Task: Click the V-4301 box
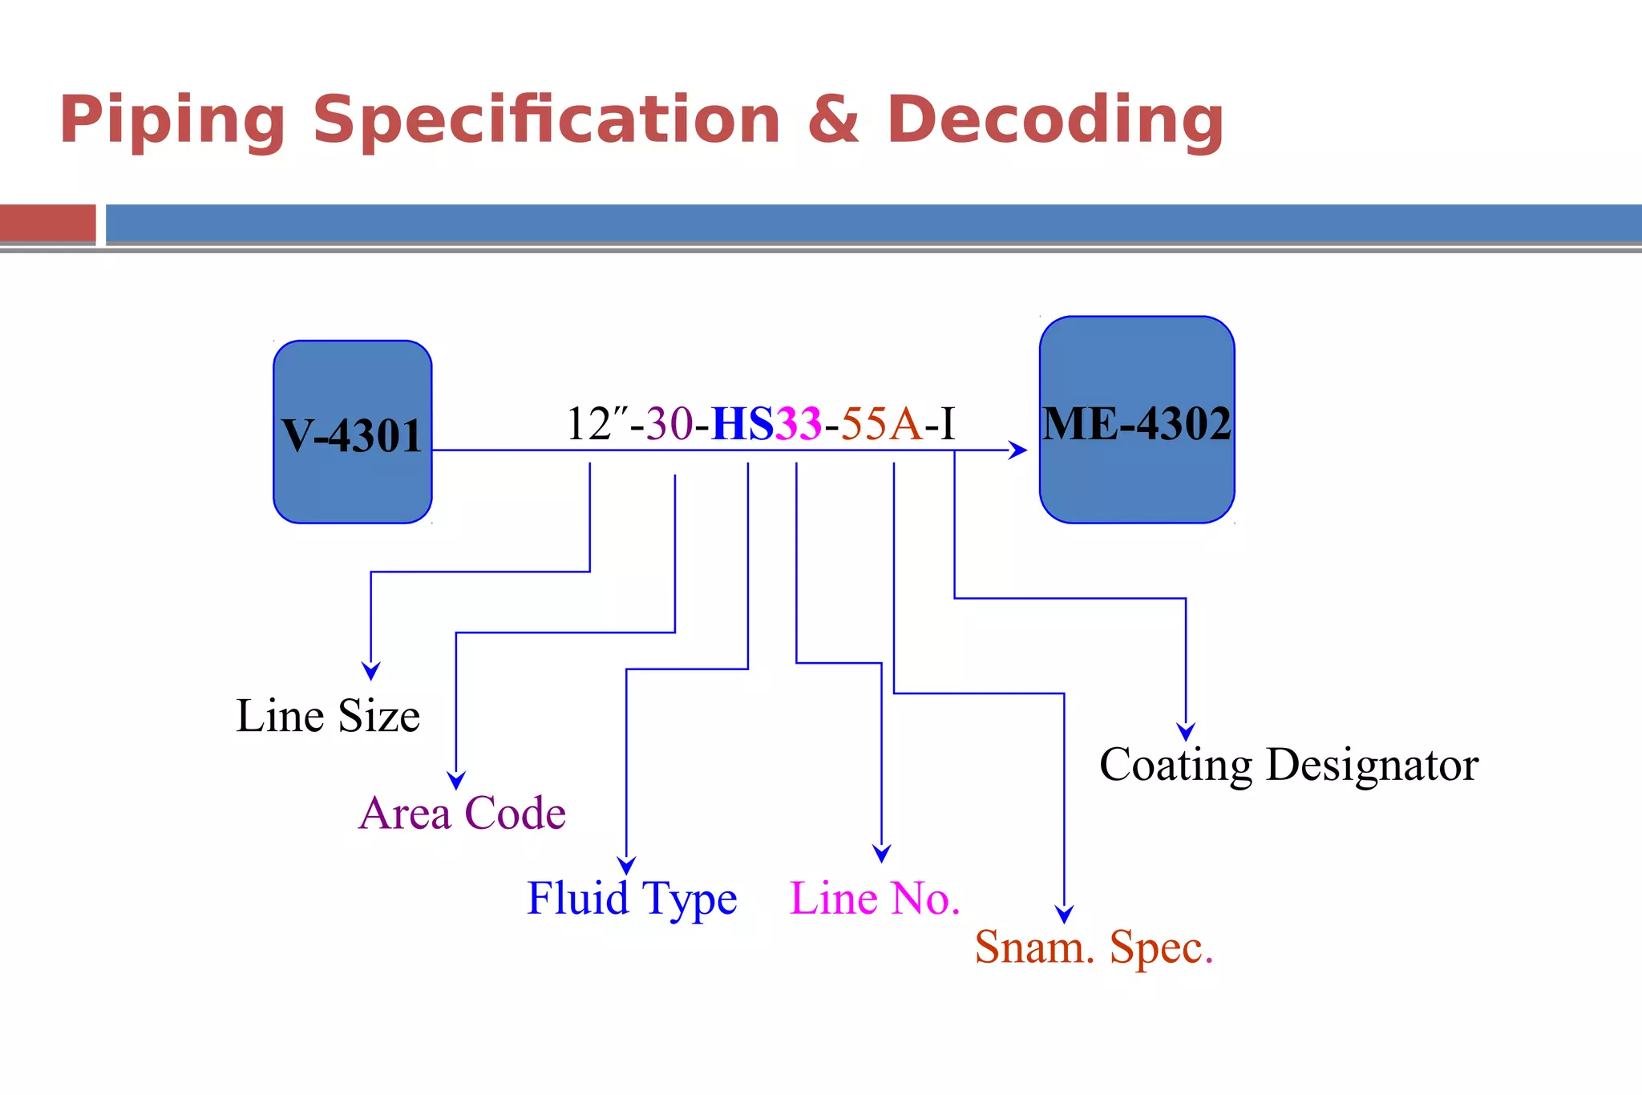click(x=353, y=432)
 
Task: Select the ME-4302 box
click(x=1137, y=420)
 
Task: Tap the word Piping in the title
click(x=172, y=120)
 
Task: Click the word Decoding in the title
click(x=1055, y=120)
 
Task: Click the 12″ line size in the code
click(x=597, y=423)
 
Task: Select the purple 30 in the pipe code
click(x=669, y=423)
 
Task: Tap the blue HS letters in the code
click(x=742, y=423)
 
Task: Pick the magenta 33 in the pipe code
click(x=799, y=423)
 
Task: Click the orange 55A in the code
click(x=881, y=423)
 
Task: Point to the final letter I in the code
click(x=948, y=423)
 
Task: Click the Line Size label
click(x=328, y=715)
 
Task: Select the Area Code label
click(x=463, y=813)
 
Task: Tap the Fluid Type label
click(x=632, y=899)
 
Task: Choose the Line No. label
click(x=875, y=898)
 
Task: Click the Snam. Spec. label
click(x=1094, y=948)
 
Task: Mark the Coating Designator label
click(x=1289, y=766)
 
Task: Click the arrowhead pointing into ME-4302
click(x=1018, y=451)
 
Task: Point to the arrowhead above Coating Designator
click(x=1186, y=731)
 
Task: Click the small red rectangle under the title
click(x=48, y=224)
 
